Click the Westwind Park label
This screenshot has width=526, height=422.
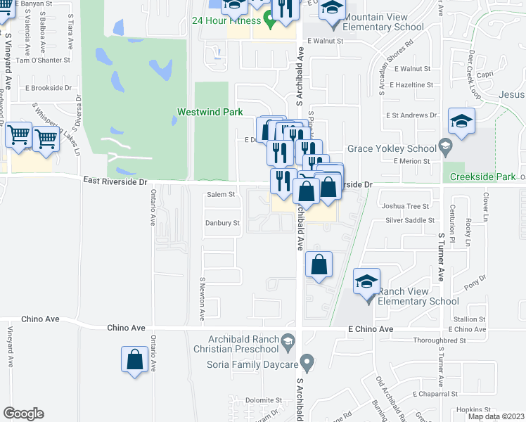(x=210, y=112)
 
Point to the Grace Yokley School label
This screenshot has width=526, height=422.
(x=391, y=149)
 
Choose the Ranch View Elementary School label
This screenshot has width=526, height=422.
(x=418, y=296)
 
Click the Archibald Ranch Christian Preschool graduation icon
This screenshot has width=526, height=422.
(x=288, y=344)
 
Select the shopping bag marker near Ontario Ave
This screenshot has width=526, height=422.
(x=134, y=360)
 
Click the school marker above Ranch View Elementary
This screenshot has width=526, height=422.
(x=366, y=282)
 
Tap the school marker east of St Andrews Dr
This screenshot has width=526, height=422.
(x=461, y=122)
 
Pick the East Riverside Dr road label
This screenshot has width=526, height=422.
(x=114, y=181)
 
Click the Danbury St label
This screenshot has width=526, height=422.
(x=222, y=223)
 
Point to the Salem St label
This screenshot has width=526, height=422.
(x=220, y=195)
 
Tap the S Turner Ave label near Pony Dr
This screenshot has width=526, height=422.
(x=441, y=257)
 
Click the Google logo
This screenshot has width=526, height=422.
(x=23, y=414)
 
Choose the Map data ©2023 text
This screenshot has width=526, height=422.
(x=495, y=416)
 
